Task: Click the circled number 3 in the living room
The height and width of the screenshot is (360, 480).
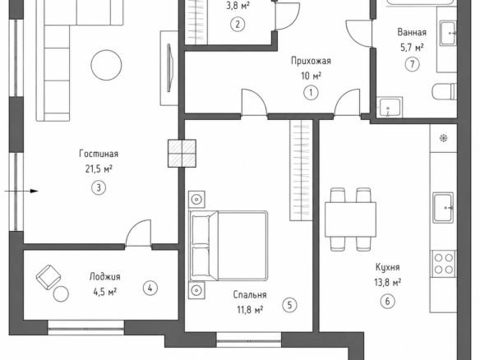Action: [99, 187]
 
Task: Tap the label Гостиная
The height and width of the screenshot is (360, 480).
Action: [99, 154]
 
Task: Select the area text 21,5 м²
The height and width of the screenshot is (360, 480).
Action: [99, 168]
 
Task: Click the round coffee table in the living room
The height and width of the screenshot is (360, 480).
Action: [106, 65]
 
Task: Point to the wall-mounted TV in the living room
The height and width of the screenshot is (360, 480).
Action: [170, 67]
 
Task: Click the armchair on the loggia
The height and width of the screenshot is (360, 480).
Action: [48, 277]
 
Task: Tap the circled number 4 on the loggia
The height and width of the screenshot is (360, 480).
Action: [150, 288]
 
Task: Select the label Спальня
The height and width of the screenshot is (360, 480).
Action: [250, 294]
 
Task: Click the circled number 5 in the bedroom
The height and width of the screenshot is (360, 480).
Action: [289, 305]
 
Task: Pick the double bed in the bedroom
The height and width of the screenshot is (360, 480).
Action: [228, 246]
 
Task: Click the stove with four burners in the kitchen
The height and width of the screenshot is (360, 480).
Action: [444, 263]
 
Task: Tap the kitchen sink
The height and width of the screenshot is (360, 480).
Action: [443, 208]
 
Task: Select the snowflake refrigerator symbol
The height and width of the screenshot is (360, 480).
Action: [443, 138]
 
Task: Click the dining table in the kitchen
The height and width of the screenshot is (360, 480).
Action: [350, 219]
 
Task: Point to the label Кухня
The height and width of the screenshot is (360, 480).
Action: [388, 267]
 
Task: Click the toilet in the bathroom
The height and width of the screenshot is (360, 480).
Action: [445, 92]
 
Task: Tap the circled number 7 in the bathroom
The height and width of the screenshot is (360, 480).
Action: [412, 64]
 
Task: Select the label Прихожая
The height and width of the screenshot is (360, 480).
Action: [311, 61]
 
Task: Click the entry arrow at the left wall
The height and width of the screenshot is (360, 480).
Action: [21, 192]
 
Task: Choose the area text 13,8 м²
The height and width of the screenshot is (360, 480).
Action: [388, 282]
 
